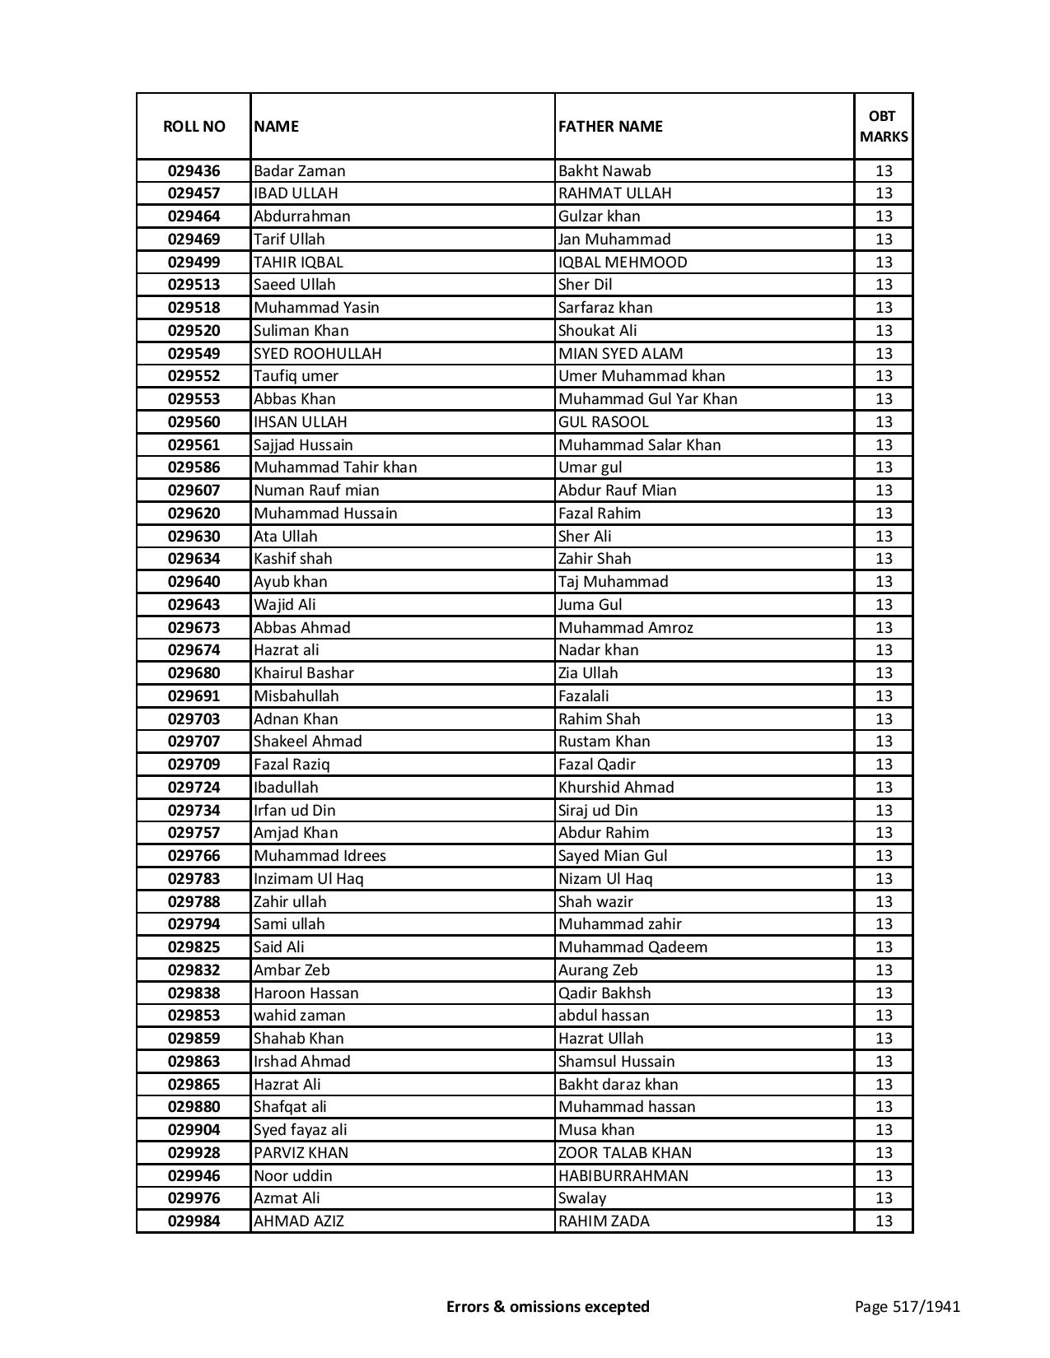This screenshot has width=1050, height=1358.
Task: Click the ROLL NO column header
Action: [x=194, y=126]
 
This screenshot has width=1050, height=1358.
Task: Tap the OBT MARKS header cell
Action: [x=884, y=126]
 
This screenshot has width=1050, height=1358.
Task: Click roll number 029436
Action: [x=194, y=171]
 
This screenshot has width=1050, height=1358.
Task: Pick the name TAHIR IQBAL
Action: [x=298, y=263]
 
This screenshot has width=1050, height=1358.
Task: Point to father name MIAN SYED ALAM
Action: [x=620, y=354]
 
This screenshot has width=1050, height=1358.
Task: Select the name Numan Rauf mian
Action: [x=316, y=491]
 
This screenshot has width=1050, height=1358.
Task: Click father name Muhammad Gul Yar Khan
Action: [x=647, y=399]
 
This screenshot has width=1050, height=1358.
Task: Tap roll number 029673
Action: [x=194, y=628]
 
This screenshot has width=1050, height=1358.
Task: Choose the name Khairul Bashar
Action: [x=303, y=673]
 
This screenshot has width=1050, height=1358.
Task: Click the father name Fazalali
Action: [x=583, y=696]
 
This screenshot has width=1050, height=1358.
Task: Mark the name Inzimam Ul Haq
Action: [x=308, y=879]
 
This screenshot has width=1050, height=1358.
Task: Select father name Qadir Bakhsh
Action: [x=604, y=993]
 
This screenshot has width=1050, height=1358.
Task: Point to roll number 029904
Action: [x=194, y=1130]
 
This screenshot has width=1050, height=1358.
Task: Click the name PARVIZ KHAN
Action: [x=301, y=1153]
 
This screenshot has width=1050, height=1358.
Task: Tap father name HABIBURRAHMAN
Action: [x=623, y=1176]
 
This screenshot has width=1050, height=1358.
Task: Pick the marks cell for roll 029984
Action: [x=884, y=1221]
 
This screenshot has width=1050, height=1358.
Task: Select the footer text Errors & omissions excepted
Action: [x=548, y=1306]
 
